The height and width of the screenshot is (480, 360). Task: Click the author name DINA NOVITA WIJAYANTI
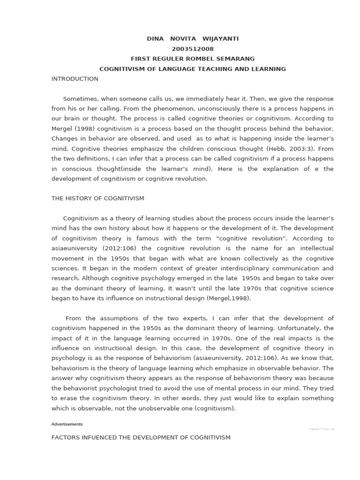pyautogui.click(x=193, y=38)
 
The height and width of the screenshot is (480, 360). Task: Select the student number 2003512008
pyautogui.click(x=193, y=49)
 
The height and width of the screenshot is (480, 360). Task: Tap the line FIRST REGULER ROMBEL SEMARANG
pyautogui.click(x=193, y=59)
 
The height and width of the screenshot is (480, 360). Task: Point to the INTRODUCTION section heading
pyautogui.click(x=75, y=79)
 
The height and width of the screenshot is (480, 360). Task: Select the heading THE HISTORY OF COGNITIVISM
pyautogui.click(x=97, y=198)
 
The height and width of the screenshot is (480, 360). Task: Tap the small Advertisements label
pyautogui.click(x=67, y=424)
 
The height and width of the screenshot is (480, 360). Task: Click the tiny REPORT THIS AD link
pyautogui.click(x=321, y=429)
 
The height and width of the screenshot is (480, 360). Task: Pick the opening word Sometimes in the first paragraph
pyautogui.click(x=80, y=99)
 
